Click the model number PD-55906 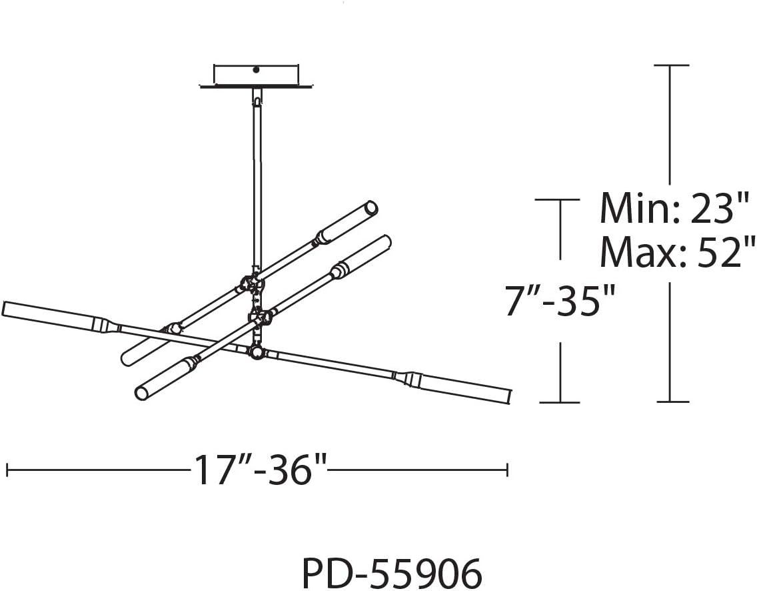pyautogui.click(x=392, y=573)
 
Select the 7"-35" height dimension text pyautogui.click(x=560, y=301)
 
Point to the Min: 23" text pyautogui.click(x=674, y=208)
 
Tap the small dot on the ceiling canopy pyautogui.click(x=257, y=69)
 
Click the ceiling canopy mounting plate pyautogui.click(x=257, y=76)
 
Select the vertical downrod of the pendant pyautogui.click(x=257, y=183)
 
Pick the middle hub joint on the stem pyautogui.click(x=259, y=318)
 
